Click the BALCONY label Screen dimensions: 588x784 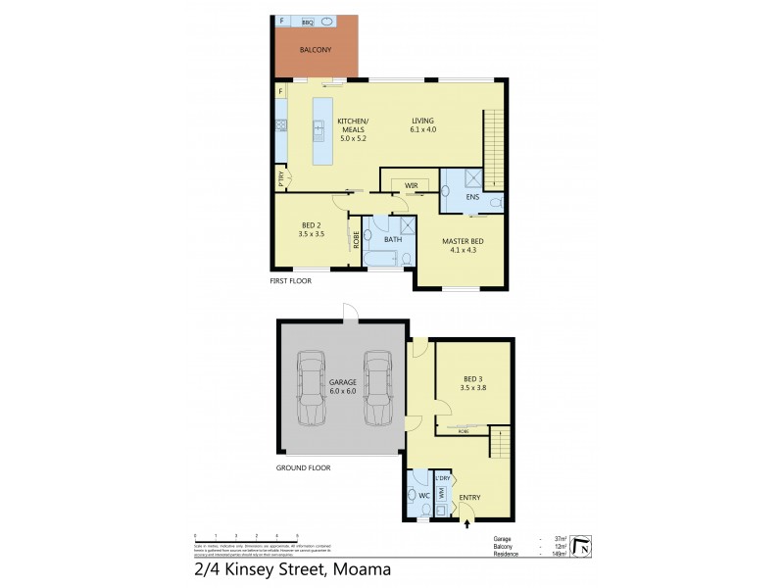(316, 50)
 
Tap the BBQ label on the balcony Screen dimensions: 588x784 (307, 22)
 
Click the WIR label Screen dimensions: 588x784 (411, 184)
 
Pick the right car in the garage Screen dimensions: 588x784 (377, 388)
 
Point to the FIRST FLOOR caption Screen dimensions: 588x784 (291, 281)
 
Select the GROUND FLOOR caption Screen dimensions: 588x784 (303, 468)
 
